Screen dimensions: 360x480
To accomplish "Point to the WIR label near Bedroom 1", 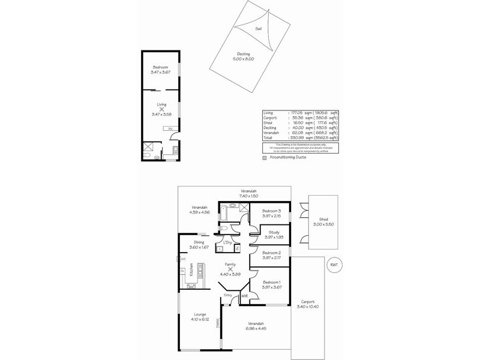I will coord(245,296).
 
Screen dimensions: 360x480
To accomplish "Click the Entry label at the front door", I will coord(228,295).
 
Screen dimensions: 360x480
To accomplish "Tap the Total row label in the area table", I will coord(268,138).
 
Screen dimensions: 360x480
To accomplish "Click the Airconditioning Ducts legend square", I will coord(265,157).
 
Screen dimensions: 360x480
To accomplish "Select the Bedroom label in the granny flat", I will coord(160,67).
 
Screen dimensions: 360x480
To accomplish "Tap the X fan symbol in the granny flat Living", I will coord(160,109).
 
